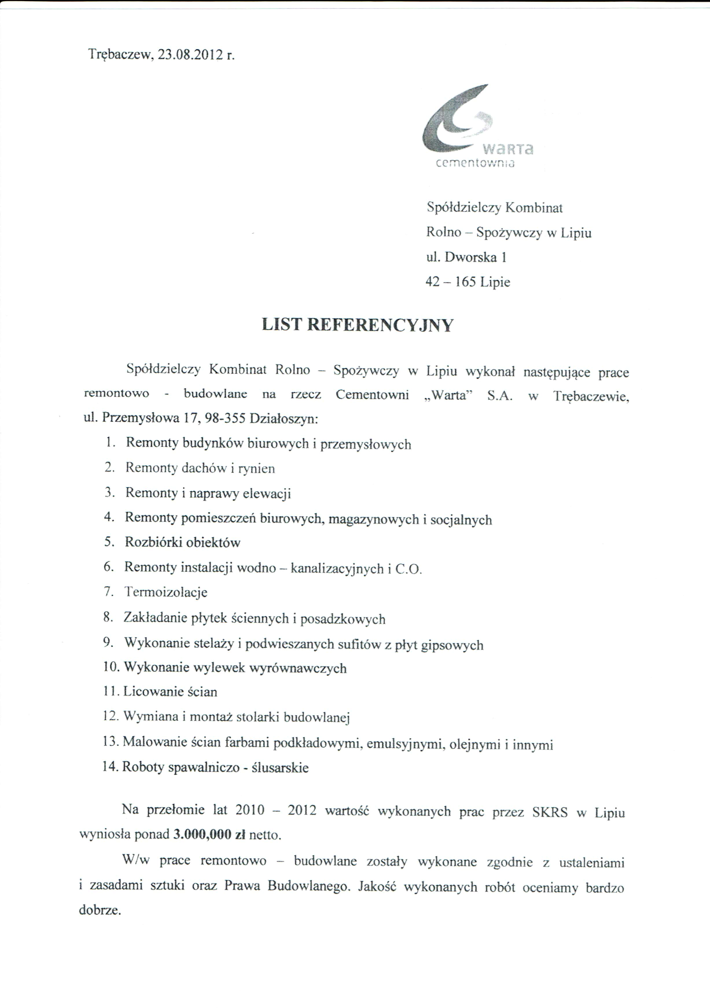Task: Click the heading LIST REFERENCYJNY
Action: pyautogui.click(x=358, y=325)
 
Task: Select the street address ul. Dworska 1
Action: pyautogui.click(x=466, y=257)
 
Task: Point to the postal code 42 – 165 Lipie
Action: pyautogui.click(x=468, y=283)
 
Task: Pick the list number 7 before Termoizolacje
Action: pyautogui.click(x=108, y=592)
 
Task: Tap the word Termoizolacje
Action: pyautogui.click(x=165, y=593)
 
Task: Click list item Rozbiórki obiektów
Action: pyautogui.click(x=182, y=543)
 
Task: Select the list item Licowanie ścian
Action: pyautogui.click(x=170, y=691)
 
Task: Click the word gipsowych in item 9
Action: pyautogui.click(x=453, y=645)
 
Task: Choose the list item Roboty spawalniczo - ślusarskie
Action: pyautogui.click(x=215, y=768)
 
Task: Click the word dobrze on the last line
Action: pyautogui.click(x=100, y=910)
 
